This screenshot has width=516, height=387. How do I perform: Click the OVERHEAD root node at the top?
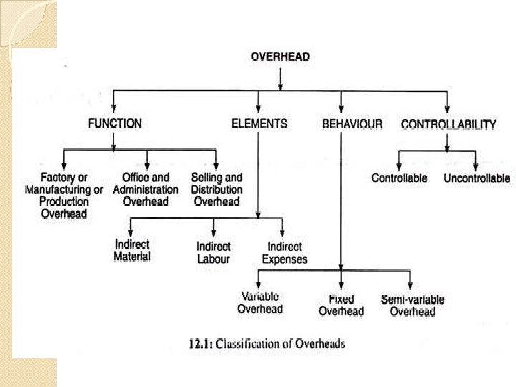280,57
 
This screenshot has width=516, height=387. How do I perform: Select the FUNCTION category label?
115,123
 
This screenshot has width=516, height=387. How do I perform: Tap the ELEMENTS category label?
259,123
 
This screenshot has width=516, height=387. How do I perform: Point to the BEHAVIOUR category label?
353,124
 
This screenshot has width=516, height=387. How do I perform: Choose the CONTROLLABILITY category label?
448,124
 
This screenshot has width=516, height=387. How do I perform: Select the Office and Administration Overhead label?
146,189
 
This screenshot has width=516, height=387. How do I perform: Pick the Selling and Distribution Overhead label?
216,189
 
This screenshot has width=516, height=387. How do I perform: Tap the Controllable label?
399,178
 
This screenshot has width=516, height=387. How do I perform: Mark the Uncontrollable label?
477,178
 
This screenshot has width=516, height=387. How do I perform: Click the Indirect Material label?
133,250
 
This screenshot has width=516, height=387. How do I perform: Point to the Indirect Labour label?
214,252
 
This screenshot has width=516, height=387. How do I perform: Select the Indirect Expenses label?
285,252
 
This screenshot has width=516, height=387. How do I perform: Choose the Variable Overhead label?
260,302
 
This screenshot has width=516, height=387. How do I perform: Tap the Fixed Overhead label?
341,305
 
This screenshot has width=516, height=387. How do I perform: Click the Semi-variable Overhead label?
412,305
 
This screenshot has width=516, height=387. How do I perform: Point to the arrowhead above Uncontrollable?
476,166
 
